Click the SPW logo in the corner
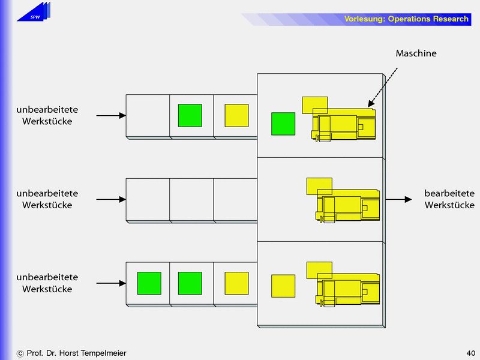tap(34, 13)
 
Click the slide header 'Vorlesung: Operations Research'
tap(406, 19)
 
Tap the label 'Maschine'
tap(416, 53)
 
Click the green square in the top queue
tap(190, 115)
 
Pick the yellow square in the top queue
tap(236, 115)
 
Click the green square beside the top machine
tap(283, 124)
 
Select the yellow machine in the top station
tap(342, 122)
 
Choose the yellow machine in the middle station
tap(346, 204)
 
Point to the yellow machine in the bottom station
tap(346, 288)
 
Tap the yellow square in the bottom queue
tap(236, 283)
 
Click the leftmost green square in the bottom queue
tap(149, 283)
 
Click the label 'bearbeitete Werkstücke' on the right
tap(449, 199)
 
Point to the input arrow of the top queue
tap(111, 115)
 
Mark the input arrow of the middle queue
tap(111, 199)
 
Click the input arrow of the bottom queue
tap(111, 283)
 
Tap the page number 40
tap(470, 353)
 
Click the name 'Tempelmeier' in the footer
tap(103, 353)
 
